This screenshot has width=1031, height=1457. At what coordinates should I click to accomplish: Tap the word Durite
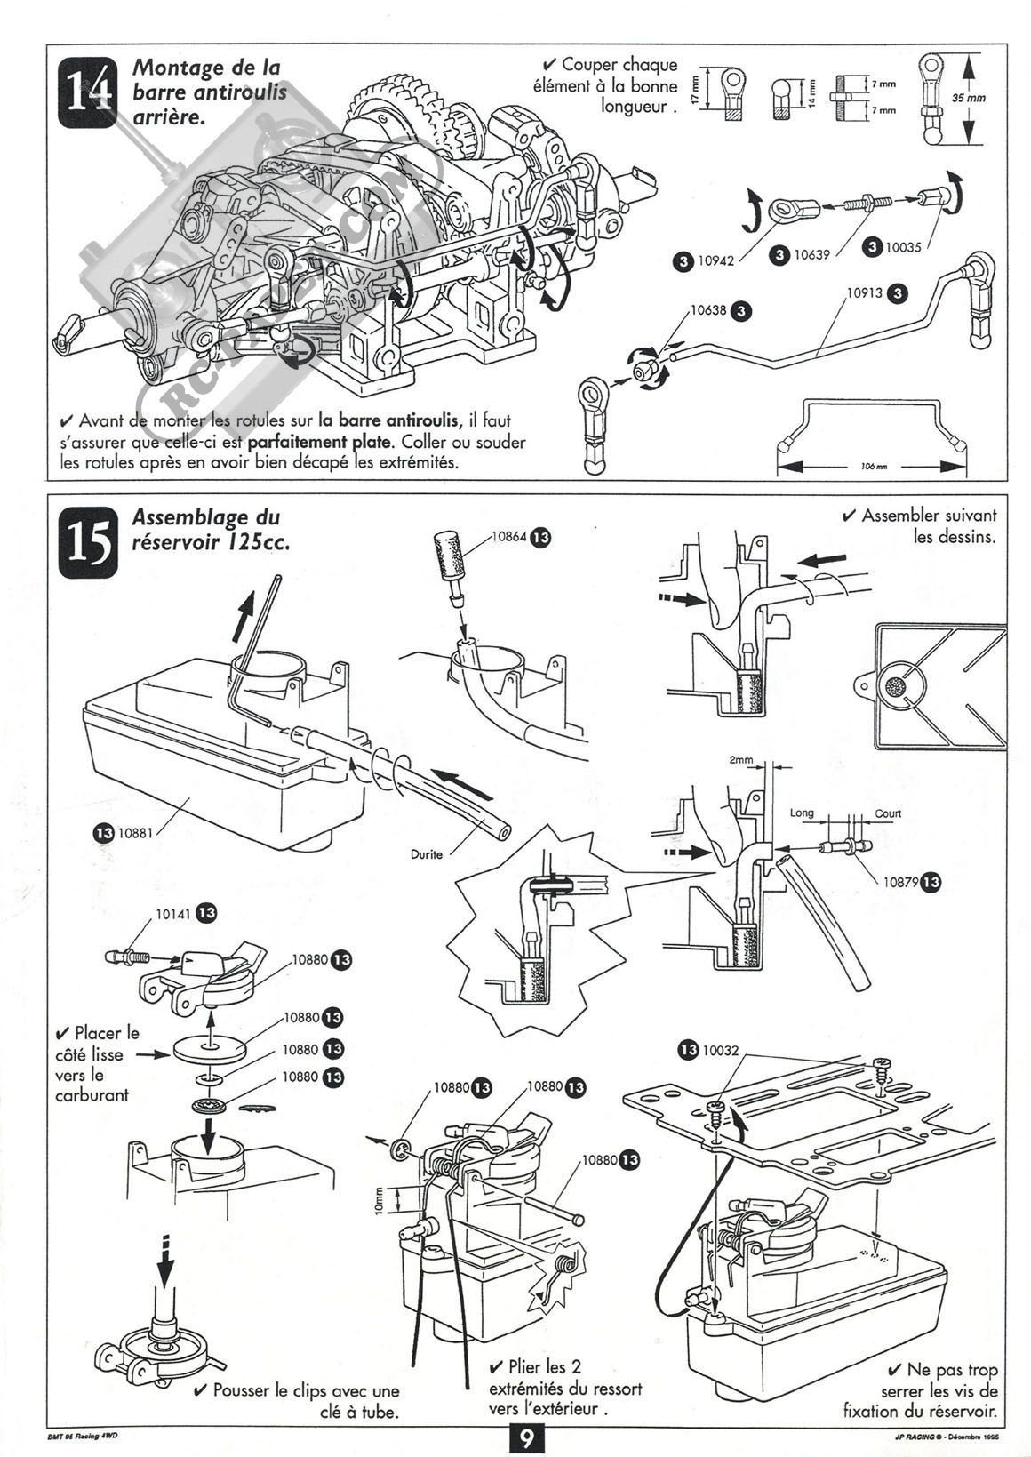click(427, 854)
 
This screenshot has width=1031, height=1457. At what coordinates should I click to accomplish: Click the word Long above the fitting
click(802, 813)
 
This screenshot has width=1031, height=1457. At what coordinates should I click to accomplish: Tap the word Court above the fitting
click(887, 813)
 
